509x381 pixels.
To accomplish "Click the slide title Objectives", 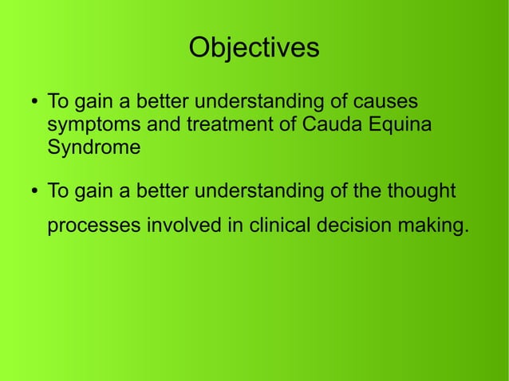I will (254, 49).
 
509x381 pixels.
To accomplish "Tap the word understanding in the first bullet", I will (258, 104).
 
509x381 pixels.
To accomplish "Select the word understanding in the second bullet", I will (258, 192).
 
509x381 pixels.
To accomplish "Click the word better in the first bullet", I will (163, 104).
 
